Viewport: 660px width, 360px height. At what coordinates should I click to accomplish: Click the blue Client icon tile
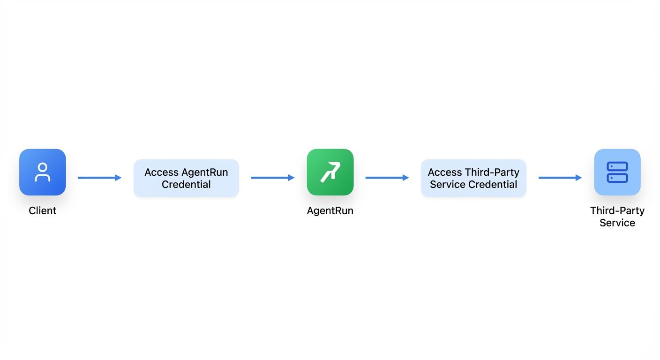[x=43, y=172]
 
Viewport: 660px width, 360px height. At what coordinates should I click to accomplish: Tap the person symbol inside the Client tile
[x=43, y=172]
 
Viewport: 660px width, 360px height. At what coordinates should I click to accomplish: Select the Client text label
[x=43, y=210]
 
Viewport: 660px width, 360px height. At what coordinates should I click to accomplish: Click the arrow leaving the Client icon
[x=99, y=178]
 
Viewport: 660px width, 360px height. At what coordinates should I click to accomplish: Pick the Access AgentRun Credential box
[x=186, y=178]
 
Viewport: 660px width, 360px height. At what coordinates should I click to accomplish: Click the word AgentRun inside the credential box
[x=205, y=172]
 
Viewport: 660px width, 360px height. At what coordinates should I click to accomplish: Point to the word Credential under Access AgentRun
[x=186, y=184]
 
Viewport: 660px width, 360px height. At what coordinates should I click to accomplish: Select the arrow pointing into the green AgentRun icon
[x=273, y=178]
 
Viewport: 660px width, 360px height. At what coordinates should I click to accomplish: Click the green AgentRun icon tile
[x=330, y=172]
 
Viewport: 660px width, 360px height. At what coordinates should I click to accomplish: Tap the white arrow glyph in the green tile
[x=330, y=172]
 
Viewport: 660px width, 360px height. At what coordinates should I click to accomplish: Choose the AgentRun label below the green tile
[x=330, y=211]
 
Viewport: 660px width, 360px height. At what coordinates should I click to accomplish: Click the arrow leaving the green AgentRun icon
[x=387, y=178]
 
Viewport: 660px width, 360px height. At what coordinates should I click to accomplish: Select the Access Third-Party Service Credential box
[x=473, y=178]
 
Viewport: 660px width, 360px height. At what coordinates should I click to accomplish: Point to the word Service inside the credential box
[x=448, y=184]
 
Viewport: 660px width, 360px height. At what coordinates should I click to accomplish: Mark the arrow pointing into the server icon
[x=560, y=178]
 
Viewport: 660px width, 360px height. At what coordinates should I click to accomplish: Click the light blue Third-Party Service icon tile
[x=617, y=172]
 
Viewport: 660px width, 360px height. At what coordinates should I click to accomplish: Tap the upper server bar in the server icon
[x=617, y=166]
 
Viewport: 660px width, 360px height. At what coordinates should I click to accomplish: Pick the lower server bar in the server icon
[x=617, y=178]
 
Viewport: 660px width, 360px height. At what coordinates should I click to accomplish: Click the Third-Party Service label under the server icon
[x=617, y=217]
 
